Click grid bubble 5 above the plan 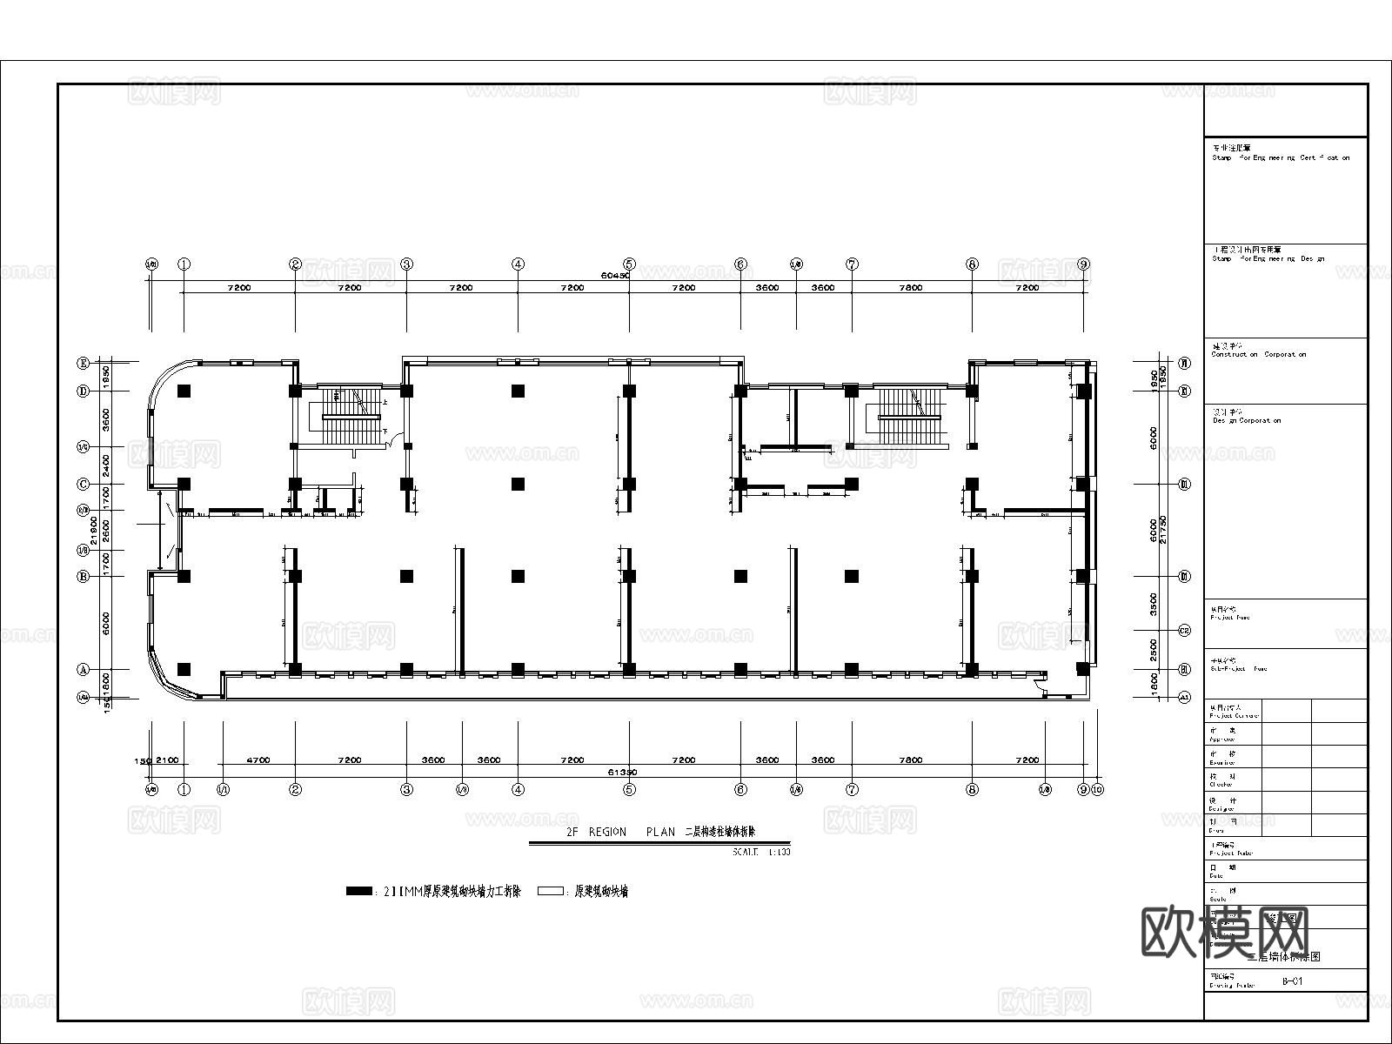pos(629,264)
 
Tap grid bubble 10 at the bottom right pos(1097,789)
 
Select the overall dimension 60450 pos(615,275)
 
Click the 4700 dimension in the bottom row pos(258,760)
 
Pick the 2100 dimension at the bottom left pos(167,760)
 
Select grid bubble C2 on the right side pos(1184,631)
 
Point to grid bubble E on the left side pos(84,363)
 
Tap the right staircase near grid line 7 pos(910,416)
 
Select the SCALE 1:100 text pos(762,852)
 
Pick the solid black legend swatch pos(358,891)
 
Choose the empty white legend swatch pos(550,891)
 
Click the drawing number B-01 pos(1292,982)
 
